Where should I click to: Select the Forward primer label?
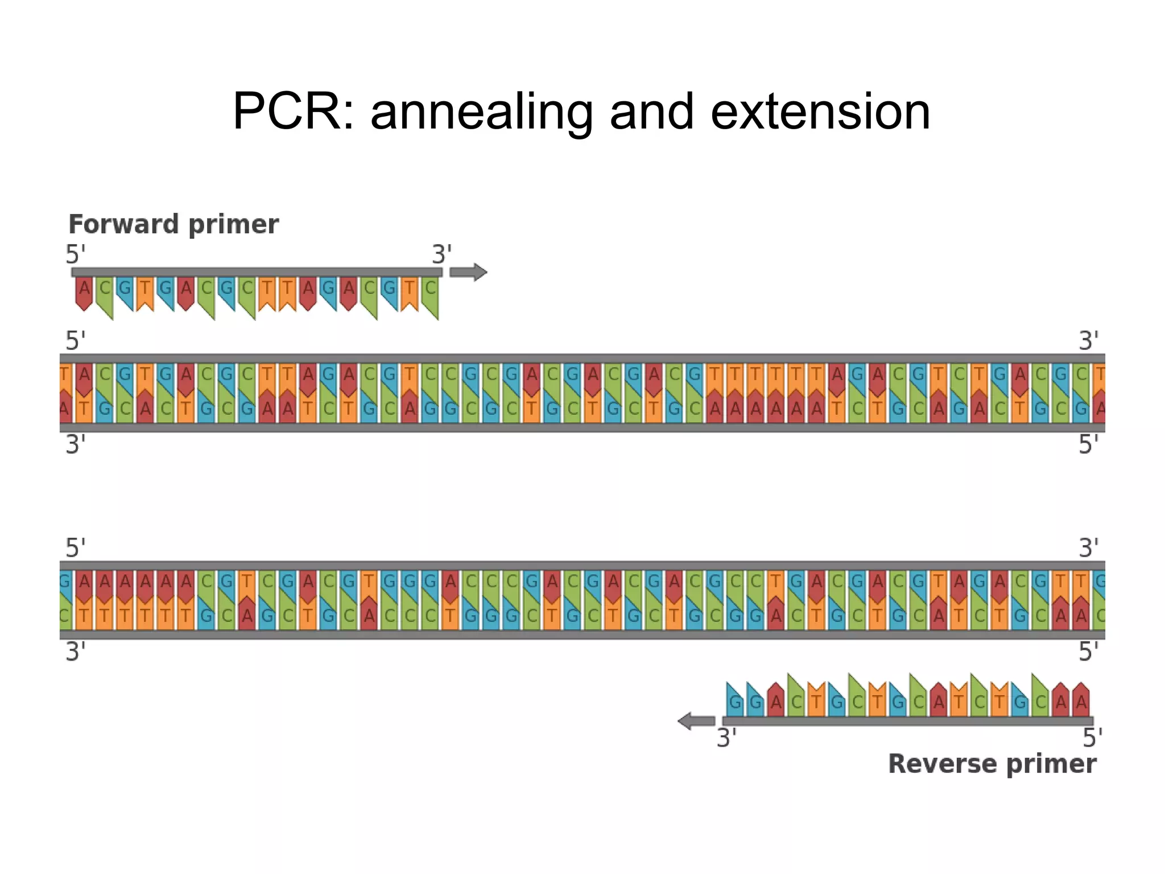point(173,224)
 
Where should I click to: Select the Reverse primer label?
point(992,764)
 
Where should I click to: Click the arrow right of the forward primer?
point(468,273)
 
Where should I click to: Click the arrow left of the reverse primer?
point(696,721)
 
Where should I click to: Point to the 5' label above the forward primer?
point(75,254)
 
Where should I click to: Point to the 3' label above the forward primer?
point(441,254)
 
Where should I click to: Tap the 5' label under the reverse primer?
point(1092,738)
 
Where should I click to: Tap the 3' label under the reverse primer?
point(726,738)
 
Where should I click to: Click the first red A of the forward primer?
point(84,292)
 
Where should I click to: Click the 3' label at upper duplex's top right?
point(1088,341)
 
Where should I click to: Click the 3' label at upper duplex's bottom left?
point(75,444)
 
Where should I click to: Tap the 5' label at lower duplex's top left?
point(75,548)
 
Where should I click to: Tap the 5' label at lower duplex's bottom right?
point(1088,652)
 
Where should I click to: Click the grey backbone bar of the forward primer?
point(256,273)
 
